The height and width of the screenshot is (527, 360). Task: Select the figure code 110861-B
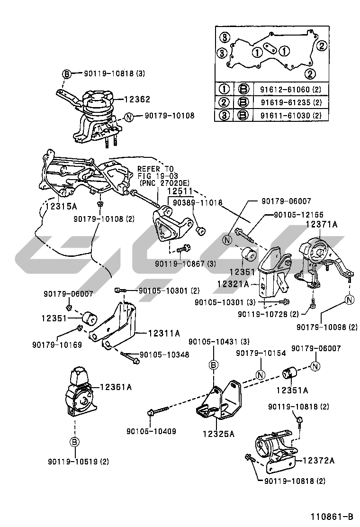[332, 516]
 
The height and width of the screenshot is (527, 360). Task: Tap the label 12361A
[115, 387]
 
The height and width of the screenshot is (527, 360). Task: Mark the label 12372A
[318, 460]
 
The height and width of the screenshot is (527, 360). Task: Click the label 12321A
[234, 284]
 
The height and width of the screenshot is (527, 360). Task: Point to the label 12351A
[292, 391]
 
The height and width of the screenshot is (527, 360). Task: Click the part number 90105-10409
[151, 431]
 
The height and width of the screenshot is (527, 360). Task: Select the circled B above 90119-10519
[74, 442]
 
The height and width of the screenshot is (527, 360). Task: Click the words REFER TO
[155, 169]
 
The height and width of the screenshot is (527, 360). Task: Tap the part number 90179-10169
[57, 345]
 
